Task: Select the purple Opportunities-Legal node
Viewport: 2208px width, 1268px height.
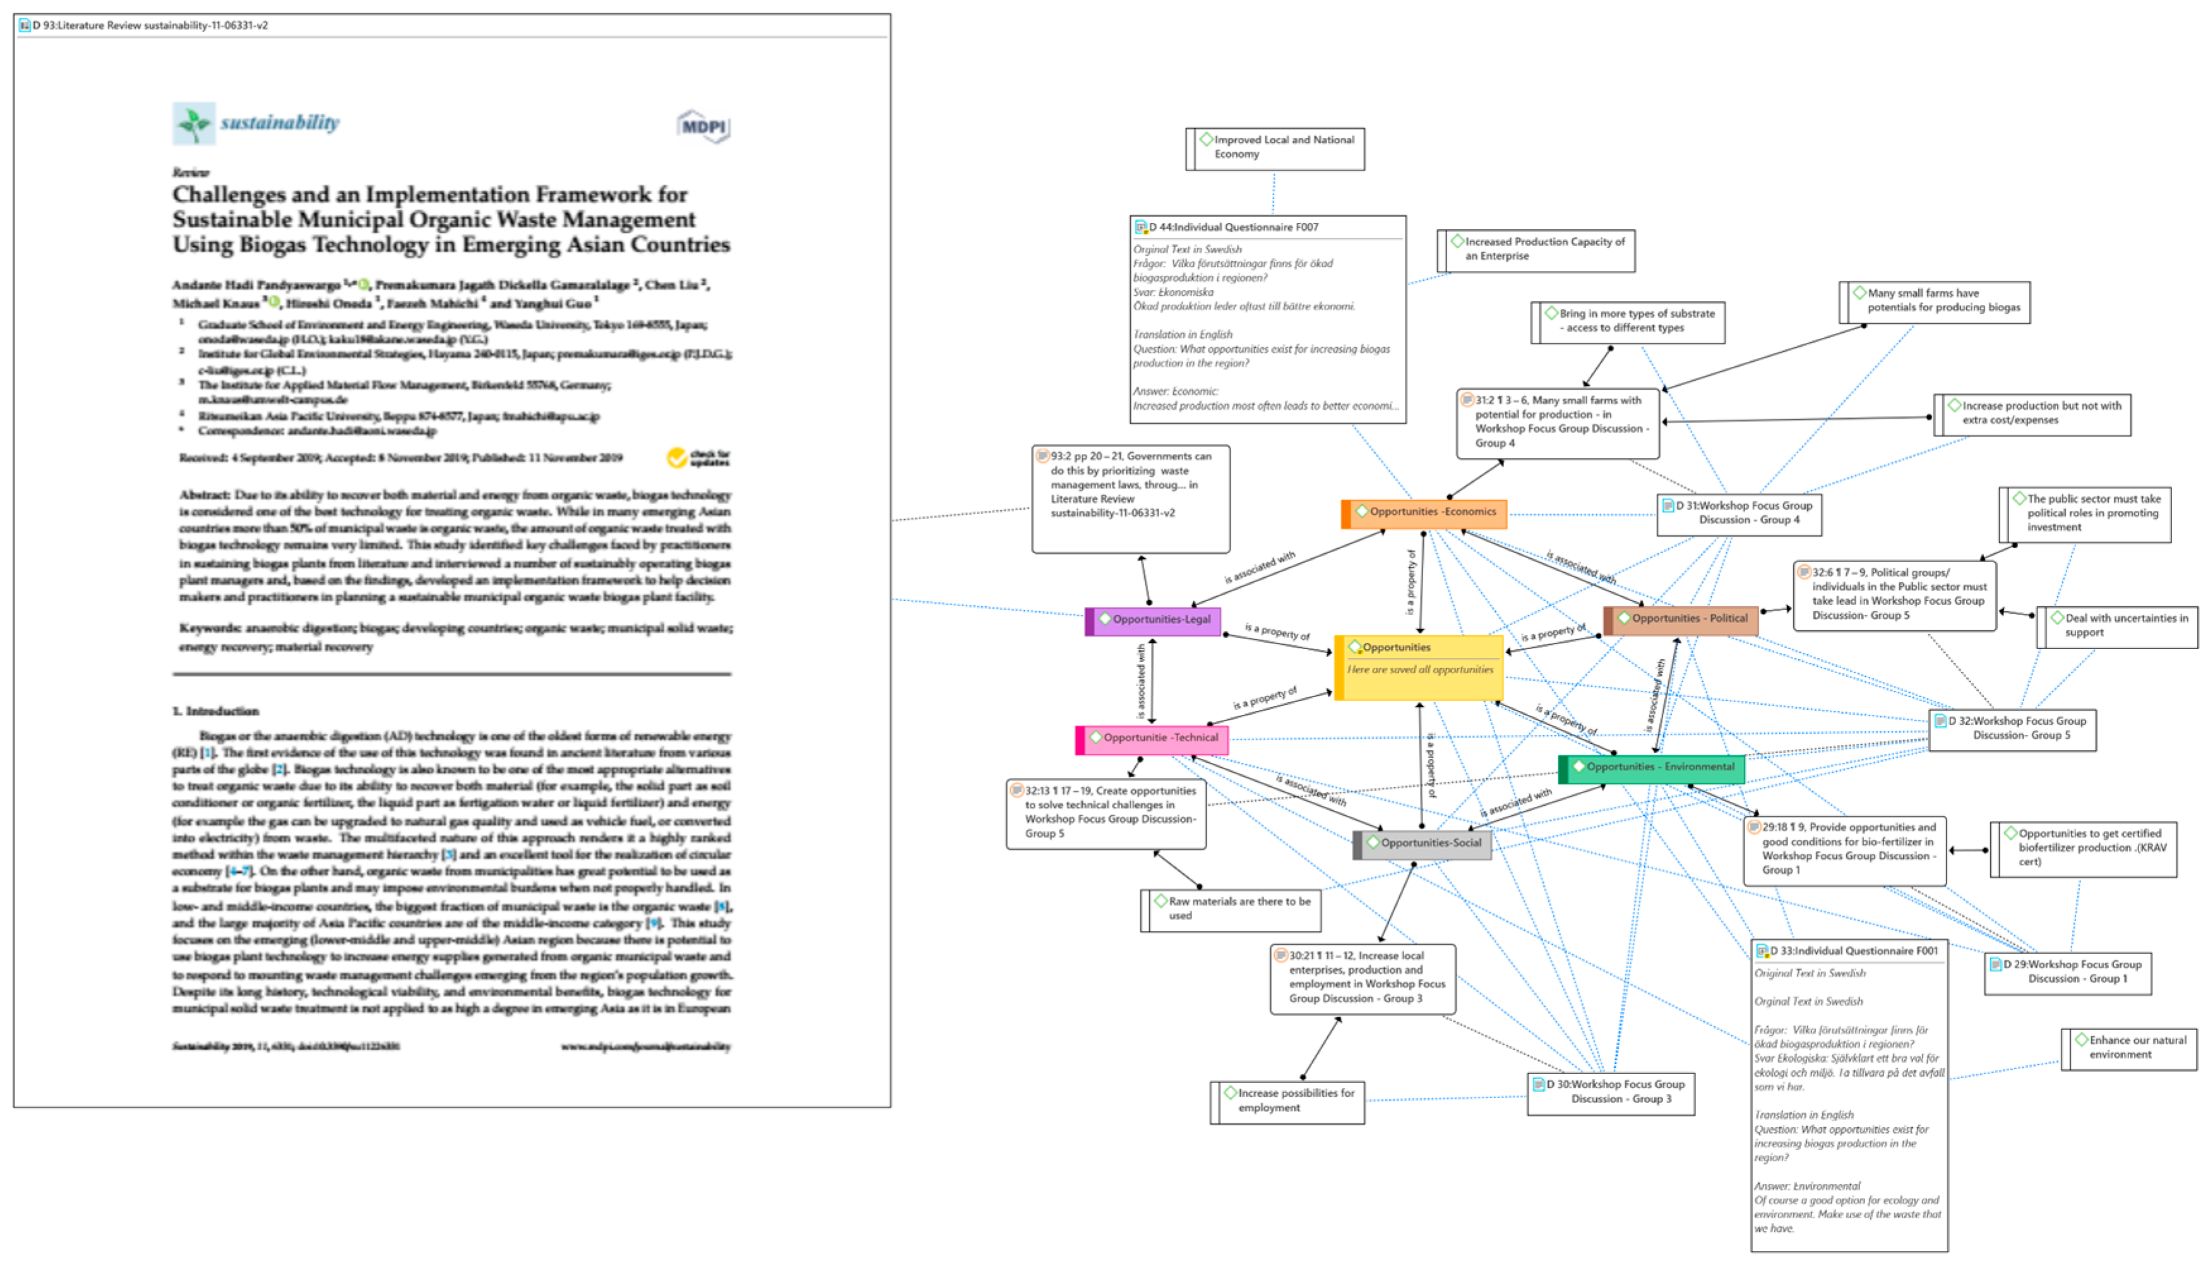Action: (x=1154, y=621)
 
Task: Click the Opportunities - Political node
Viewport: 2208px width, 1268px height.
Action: (x=1681, y=620)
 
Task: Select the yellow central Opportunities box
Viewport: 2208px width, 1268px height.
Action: (x=1419, y=668)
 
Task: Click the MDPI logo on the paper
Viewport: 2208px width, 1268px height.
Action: (x=703, y=127)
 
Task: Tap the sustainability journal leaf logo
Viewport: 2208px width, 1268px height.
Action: (x=193, y=123)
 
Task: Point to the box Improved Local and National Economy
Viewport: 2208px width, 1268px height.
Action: (x=1275, y=148)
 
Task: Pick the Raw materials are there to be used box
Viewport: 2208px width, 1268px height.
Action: (x=1231, y=910)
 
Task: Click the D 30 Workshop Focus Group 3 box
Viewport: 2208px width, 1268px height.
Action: (x=1611, y=1094)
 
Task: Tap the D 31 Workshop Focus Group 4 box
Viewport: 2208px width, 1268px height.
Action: (x=1740, y=514)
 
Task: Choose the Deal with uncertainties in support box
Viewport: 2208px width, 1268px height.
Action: (x=2118, y=627)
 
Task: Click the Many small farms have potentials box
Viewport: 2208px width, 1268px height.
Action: (x=1935, y=301)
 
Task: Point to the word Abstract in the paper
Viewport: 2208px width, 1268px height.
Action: (x=205, y=494)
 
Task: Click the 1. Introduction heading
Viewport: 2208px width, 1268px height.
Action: (x=215, y=712)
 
